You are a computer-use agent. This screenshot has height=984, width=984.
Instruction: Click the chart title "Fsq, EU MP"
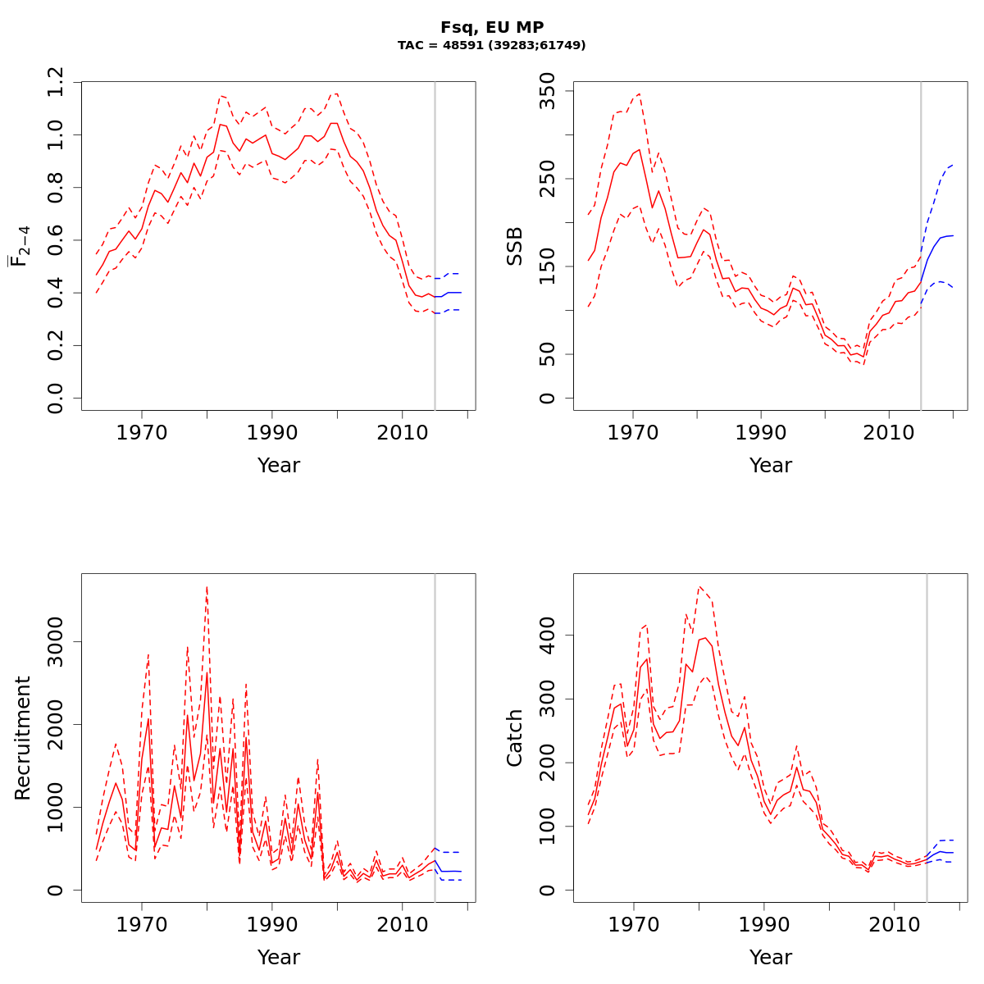(x=492, y=27)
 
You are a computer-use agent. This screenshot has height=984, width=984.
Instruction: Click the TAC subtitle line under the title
(x=492, y=46)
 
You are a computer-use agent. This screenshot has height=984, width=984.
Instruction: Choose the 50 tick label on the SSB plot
(x=547, y=354)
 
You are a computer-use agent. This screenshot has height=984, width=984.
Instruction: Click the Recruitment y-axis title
(x=23, y=738)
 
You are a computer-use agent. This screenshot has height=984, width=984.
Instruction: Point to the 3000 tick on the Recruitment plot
(x=55, y=641)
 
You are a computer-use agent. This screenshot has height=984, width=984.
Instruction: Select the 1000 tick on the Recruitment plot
(x=55, y=808)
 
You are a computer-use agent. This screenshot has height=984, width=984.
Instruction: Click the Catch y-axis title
(x=515, y=738)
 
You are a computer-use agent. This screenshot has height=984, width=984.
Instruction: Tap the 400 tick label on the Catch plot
(x=547, y=635)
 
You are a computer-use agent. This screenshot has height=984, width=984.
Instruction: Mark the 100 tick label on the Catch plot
(x=547, y=827)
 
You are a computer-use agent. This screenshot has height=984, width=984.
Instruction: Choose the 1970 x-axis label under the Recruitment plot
(x=142, y=924)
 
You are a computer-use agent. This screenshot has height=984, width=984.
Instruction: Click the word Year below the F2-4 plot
(x=279, y=466)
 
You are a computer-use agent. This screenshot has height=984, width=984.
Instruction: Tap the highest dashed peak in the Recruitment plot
(x=207, y=587)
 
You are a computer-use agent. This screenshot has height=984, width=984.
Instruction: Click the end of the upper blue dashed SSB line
(x=953, y=164)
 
